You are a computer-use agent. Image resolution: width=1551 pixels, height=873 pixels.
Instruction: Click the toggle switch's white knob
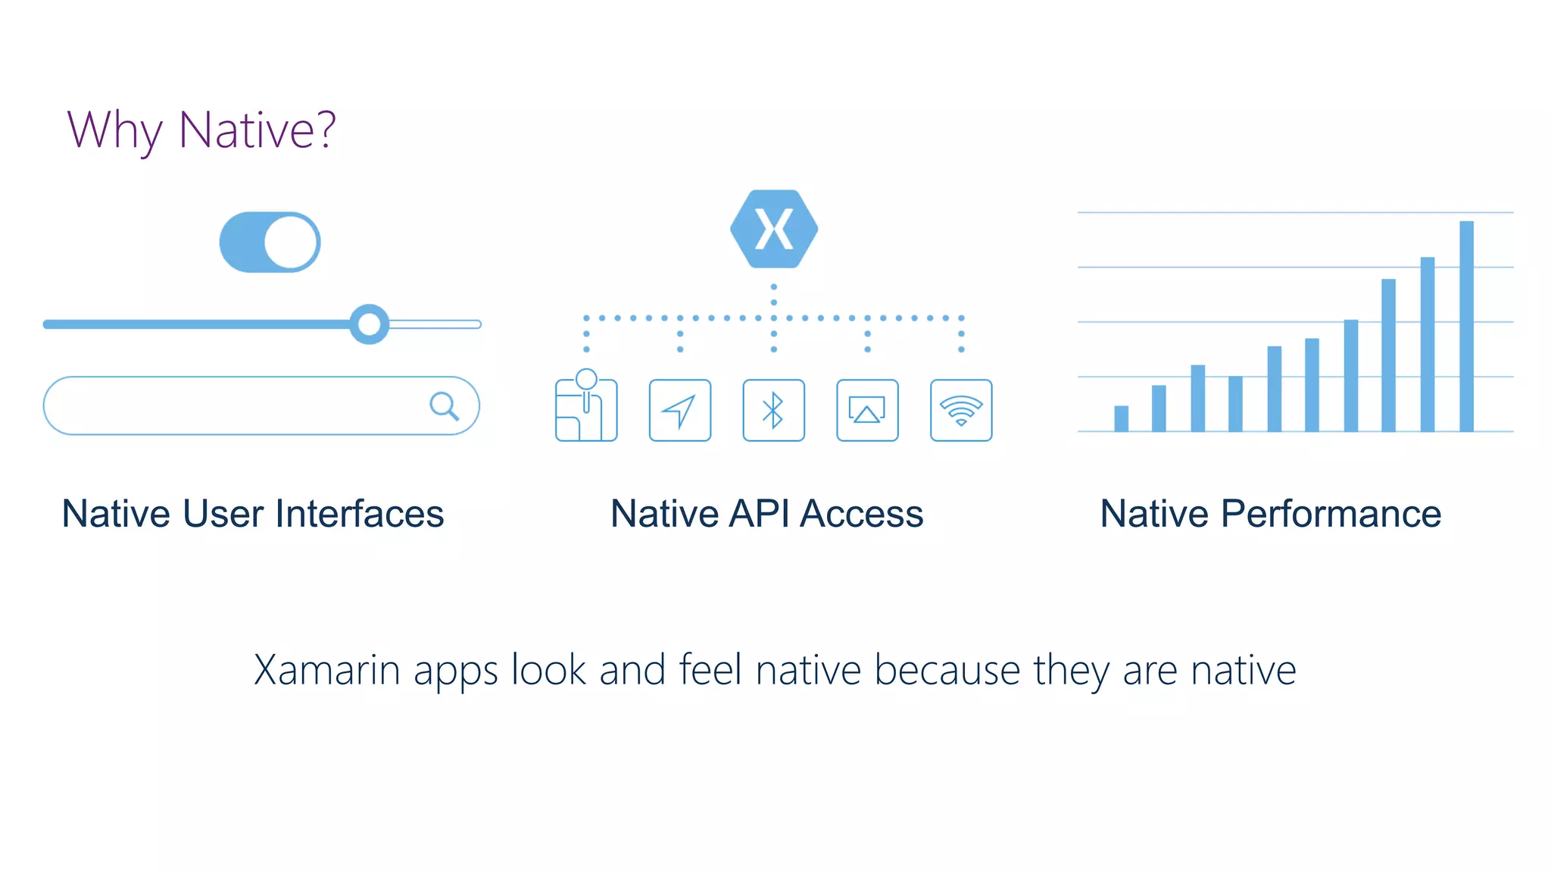point(291,242)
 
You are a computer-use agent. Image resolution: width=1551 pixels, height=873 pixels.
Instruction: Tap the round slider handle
point(369,324)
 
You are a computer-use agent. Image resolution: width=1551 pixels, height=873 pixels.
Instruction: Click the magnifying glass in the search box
point(444,406)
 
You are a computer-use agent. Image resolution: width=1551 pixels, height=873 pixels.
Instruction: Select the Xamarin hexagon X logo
point(773,229)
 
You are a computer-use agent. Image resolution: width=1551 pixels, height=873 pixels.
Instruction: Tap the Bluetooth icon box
point(773,410)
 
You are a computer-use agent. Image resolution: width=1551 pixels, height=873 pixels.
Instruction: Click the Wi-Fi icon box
point(961,410)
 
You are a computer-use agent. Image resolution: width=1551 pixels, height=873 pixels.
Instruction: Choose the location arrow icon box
point(679,410)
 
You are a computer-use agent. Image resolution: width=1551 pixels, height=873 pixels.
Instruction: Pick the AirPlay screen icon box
point(867,410)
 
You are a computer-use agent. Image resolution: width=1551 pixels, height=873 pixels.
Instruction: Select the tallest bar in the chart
point(1466,326)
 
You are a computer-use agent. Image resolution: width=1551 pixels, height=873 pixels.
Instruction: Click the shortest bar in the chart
point(1121,418)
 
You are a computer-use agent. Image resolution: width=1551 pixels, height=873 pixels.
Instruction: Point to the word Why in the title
point(114,130)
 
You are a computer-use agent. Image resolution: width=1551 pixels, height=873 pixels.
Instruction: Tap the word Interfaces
point(360,514)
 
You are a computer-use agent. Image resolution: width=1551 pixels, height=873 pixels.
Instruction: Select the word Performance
point(1331,514)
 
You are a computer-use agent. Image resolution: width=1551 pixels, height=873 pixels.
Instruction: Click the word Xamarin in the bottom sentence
point(326,670)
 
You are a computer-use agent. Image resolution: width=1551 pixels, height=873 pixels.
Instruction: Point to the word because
point(947,670)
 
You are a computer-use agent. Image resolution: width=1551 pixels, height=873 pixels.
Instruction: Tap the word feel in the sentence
point(710,670)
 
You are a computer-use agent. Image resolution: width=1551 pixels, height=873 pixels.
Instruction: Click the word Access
point(862,514)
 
